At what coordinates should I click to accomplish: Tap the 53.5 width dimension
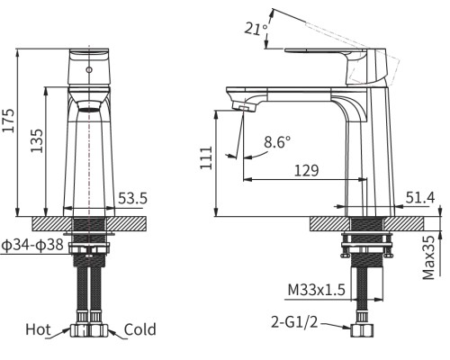[132, 198]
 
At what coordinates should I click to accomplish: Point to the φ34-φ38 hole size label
[32, 244]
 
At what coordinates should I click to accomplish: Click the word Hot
[39, 329]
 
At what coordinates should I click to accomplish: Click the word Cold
[140, 329]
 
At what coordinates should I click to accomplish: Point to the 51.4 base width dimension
[420, 197]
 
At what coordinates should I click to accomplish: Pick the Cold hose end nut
[102, 330]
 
